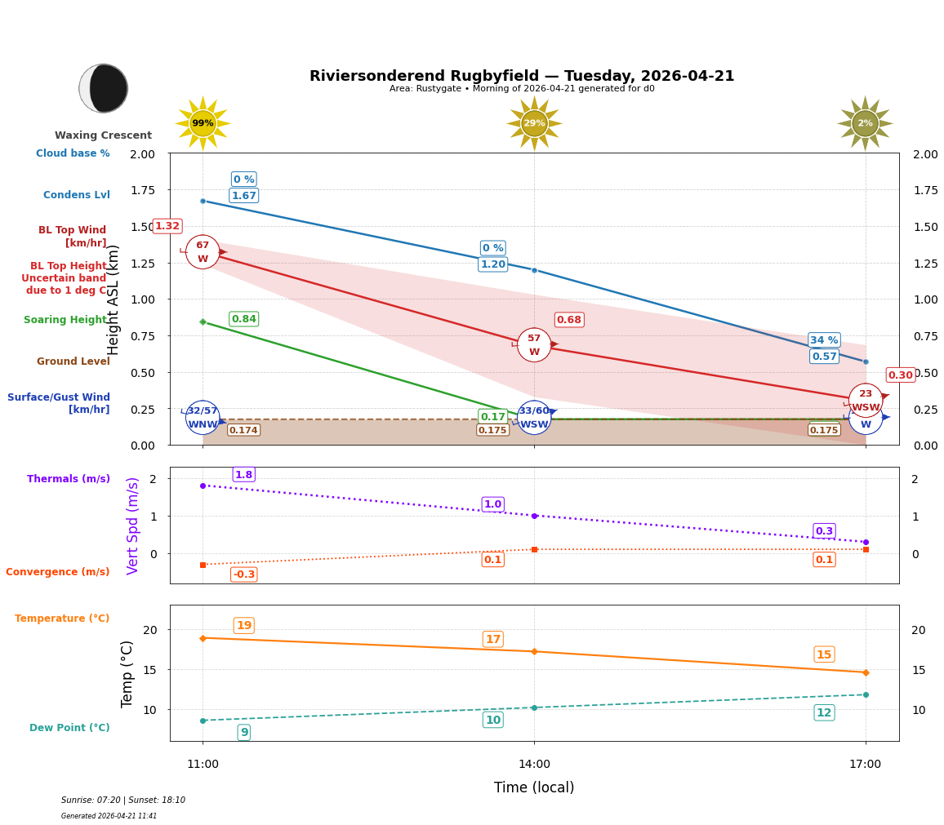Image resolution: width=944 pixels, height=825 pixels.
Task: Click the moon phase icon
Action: [x=104, y=88]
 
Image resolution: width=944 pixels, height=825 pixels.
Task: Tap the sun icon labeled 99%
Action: [x=203, y=123]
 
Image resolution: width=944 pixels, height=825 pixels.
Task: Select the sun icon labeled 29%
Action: [x=534, y=123]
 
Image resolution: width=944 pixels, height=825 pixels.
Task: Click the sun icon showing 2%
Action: [x=865, y=123]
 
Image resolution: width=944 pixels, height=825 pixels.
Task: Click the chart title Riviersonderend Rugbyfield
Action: [x=521, y=76]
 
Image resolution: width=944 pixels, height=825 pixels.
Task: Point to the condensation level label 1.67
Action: [x=243, y=196]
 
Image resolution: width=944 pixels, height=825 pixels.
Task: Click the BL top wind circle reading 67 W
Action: [x=203, y=252]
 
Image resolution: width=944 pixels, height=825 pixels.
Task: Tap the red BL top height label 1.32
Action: [x=167, y=226]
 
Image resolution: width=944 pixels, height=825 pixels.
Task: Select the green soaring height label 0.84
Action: [x=243, y=319]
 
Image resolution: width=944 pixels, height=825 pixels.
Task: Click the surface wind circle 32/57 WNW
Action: [x=203, y=417]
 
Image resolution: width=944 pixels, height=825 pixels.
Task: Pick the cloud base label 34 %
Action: [x=824, y=340]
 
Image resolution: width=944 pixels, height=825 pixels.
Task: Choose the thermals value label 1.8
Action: [x=243, y=475]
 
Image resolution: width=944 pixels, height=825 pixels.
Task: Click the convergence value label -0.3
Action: [x=243, y=574]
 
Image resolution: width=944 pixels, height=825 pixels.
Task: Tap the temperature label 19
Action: [x=243, y=626]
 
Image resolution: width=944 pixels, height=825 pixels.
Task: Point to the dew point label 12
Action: [x=824, y=713]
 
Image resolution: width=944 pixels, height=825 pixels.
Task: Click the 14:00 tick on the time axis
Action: [x=534, y=765]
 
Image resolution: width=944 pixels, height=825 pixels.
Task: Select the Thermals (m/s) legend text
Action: [x=69, y=479]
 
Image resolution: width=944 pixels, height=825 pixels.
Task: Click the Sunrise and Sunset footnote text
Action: [x=123, y=801]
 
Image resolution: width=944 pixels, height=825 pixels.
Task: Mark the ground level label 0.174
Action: [x=243, y=430]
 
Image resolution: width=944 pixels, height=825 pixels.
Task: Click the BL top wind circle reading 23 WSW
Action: [x=865, y=400]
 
